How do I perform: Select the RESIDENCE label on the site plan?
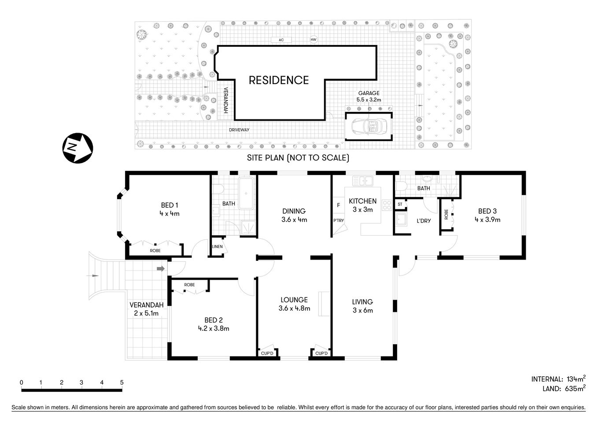point(279,80)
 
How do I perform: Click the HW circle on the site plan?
point(314,40)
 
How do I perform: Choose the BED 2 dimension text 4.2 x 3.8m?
point(214,328)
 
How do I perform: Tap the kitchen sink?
point(363,180)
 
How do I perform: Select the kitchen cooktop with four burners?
point(387,205)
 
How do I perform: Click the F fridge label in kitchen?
point(338,205)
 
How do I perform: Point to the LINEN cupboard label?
point(217,247)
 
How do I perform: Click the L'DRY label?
point(424,221)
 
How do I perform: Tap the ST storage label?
point(400,204)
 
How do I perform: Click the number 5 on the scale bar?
point(122,382)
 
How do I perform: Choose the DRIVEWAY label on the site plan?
point(239,130)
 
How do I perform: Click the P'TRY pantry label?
point(338,221)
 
